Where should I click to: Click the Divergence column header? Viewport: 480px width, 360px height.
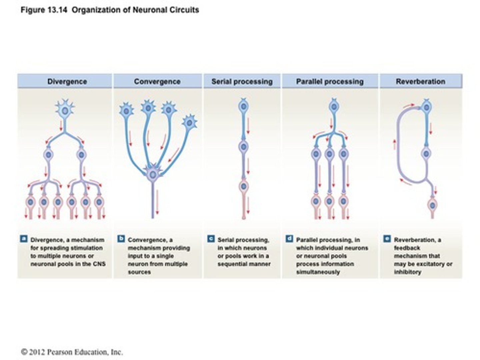pos(67,82)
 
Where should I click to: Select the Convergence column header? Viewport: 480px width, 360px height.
pos(157,82)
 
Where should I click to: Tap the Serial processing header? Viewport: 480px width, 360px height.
pos(242,82)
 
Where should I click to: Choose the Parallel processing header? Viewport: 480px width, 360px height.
pos(330,82)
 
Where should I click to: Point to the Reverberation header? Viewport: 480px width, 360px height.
pos(420,82)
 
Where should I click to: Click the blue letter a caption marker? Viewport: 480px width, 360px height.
pos(24,239)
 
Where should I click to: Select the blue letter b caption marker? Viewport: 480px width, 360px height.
pos(121,239)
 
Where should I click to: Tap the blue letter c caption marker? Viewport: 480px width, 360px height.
pos(211,239)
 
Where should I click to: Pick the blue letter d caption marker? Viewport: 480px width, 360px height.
pos(289,239)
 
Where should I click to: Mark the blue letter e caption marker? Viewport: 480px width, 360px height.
pos(387,239)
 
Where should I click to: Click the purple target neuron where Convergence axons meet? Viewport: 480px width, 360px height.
pos(153,174)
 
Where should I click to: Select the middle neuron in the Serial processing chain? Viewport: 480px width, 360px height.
pos(244,147)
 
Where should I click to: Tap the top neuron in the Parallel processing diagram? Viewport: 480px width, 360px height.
pos(333,107)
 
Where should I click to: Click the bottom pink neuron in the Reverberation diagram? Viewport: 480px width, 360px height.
pos(432,205)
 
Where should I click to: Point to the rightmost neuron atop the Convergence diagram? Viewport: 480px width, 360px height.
pos(190,123)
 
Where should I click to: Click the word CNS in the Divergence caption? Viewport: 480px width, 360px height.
pos(99,264)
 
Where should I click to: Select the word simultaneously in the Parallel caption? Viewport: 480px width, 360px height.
pos(318,272)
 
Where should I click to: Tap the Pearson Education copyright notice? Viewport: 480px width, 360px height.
pos(72,352)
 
